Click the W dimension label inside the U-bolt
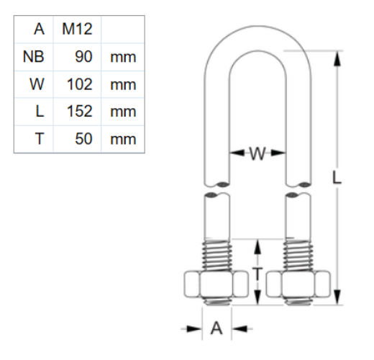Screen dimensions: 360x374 click(258, 153)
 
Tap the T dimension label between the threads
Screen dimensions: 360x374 click(257, 272)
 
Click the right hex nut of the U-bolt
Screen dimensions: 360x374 click(298, 286)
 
